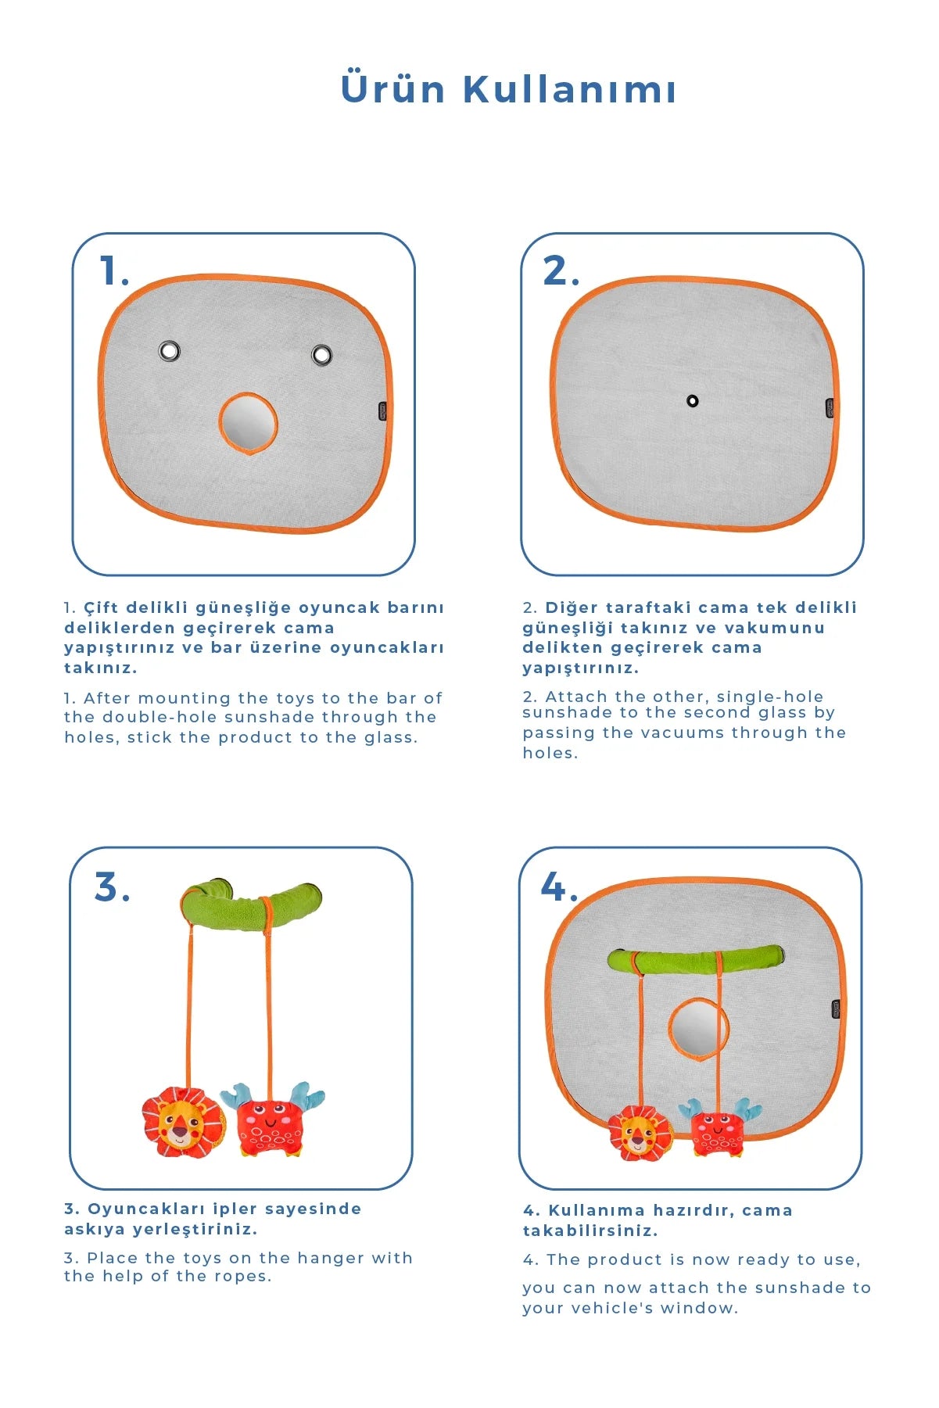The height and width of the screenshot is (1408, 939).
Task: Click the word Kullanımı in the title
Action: (x=569, y=89)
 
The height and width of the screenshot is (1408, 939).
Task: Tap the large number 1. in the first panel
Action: (x=114, y=272)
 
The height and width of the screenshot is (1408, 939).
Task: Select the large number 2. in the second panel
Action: (x=561, y=271)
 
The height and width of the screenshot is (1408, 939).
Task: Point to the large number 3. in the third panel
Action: (x=112, y=887)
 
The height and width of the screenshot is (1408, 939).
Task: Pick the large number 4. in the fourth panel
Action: (x=559, y=887)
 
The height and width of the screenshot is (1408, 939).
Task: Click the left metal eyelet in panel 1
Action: (x=169, y=350)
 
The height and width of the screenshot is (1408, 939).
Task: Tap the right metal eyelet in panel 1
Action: (x=321, y=355)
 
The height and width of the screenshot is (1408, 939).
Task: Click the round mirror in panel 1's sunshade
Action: (x=248, y=423)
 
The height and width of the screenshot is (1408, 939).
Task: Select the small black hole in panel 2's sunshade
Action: (x=692, y=401)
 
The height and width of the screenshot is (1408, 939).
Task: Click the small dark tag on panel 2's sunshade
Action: (x=830, y=408)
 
